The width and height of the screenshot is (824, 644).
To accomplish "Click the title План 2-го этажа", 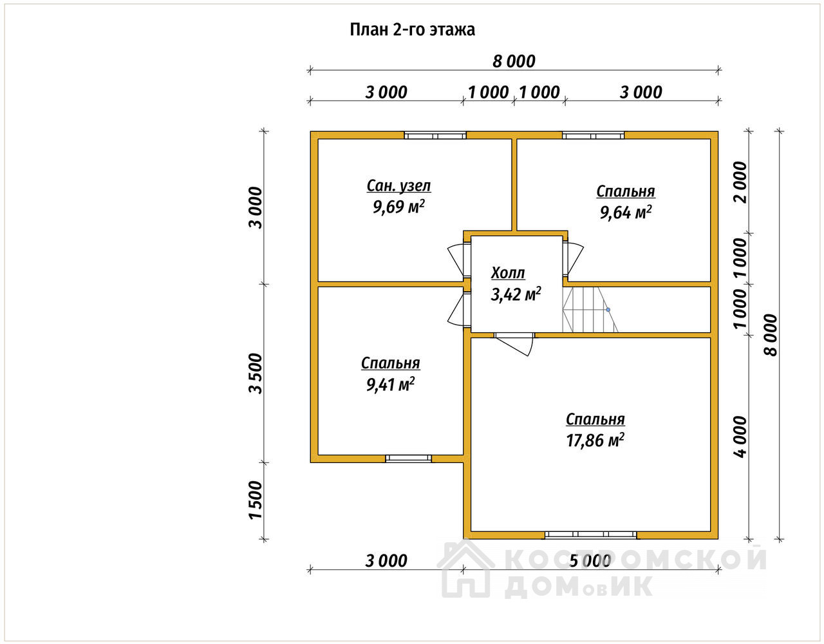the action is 412,30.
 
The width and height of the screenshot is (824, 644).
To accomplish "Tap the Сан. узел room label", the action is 398,186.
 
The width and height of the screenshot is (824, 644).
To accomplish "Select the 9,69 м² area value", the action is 398,207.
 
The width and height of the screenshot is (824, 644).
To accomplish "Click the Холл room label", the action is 508,272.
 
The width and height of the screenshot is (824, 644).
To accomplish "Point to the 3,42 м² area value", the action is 516,294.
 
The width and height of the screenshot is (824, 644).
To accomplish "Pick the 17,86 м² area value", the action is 595,440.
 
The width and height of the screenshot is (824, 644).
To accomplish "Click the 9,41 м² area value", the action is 390,384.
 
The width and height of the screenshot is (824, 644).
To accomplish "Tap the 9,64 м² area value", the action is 625,212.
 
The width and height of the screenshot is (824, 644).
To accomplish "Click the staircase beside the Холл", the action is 590,310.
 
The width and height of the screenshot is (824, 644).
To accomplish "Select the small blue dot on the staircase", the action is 608,310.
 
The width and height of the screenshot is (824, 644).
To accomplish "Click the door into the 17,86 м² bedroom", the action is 514,344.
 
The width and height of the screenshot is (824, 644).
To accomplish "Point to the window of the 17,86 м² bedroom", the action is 591,535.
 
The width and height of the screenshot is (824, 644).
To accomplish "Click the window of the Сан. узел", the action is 435,135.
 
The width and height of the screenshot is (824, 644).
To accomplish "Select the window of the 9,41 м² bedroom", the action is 408,459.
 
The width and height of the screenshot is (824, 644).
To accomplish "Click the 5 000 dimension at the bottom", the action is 590,560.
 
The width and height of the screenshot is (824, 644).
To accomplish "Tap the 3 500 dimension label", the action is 256,374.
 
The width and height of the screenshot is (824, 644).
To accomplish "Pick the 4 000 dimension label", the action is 740,437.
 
